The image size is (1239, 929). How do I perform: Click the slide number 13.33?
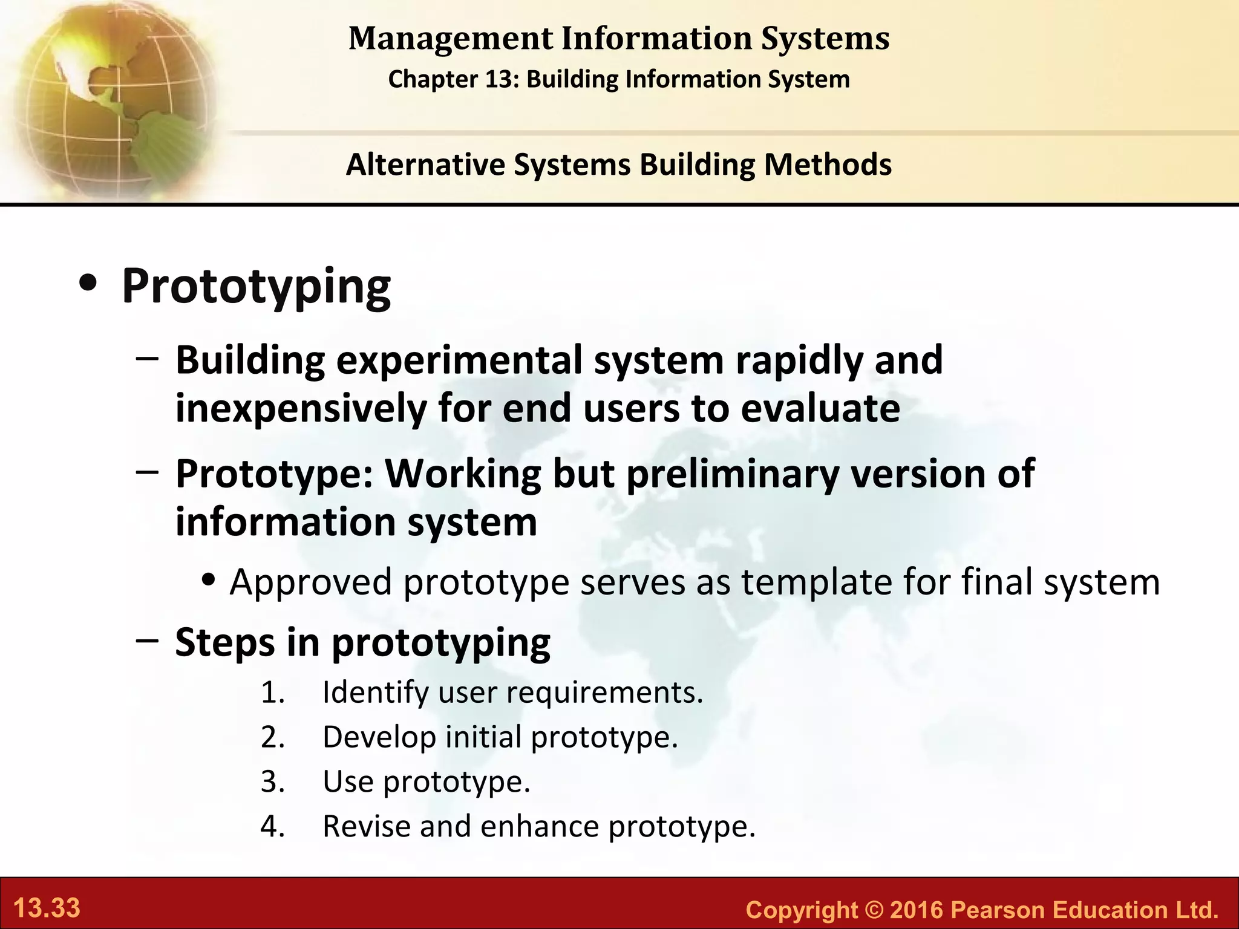47,908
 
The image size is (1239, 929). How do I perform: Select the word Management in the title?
450,39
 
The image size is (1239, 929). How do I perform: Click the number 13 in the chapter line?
498,79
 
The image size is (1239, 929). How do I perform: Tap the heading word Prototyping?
256,287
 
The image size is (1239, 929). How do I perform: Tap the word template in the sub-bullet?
817,582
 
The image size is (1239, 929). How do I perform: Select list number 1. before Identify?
273,693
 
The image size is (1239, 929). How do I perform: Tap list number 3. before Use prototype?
273,781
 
